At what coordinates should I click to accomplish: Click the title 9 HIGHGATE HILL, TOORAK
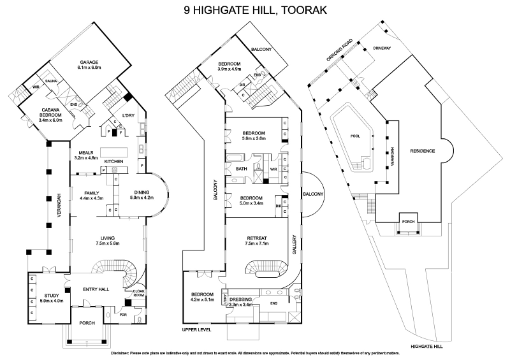click(255, 10)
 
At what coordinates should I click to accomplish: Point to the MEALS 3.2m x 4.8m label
click(87, 155)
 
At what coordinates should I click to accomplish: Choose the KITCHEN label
click(113, 161)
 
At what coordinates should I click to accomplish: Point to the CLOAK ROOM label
click(138, 294)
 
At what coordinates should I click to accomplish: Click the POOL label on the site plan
click(354, 136)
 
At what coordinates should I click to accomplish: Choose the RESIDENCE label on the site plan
click(422, 151)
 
